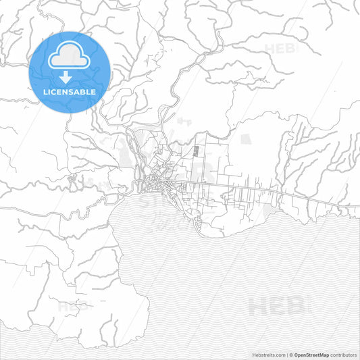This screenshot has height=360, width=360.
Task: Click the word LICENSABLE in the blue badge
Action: (70, 91)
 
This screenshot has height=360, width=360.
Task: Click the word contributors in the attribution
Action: (343, 354)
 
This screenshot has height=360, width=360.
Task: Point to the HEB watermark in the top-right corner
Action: (284, 49)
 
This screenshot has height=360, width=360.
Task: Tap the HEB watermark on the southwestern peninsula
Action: (73, 307)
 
